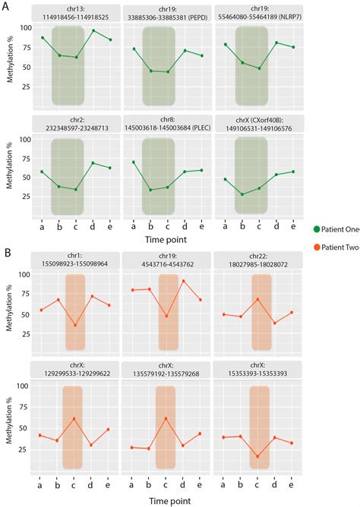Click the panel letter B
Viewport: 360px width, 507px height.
[6, 251]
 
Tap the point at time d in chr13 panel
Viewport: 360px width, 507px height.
[94, 30]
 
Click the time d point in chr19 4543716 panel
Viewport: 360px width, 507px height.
[183, 281]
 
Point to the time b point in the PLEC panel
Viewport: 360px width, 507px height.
[150, 190]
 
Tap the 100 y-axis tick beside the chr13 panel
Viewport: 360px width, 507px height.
[27, 28]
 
